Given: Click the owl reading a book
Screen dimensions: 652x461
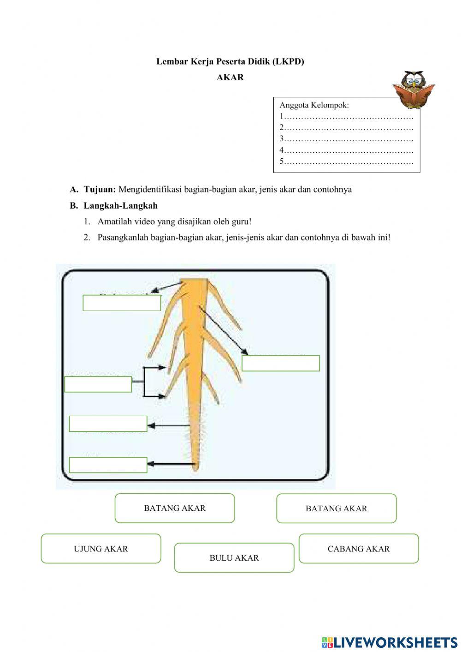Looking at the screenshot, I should tap(414, 90).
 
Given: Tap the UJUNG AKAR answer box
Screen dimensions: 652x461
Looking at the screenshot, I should tap(101, 549).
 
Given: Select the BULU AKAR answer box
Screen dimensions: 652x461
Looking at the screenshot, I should tap(234, 558).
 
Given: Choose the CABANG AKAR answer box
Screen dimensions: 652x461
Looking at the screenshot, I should tap(359, 549).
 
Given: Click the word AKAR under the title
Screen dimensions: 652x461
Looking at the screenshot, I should tap(230, 78).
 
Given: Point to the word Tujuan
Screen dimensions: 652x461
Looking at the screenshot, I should tap(100, 189).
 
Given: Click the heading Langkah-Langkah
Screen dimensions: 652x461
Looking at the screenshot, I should tap(120, 206).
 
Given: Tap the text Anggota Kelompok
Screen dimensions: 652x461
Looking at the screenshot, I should tap(314, 105).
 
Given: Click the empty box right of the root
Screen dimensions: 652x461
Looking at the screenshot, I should tap(281, 363).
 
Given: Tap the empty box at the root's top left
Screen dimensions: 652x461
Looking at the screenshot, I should tap(122, 303).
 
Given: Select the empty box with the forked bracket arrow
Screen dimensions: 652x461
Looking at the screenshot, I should tap(98, 384).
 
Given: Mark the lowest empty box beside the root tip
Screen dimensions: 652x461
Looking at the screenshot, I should tap(108, 465).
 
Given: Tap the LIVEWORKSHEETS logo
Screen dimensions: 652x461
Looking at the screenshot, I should tap(390, 642).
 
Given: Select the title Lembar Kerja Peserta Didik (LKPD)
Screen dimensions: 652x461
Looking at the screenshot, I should tap(230, 61).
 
